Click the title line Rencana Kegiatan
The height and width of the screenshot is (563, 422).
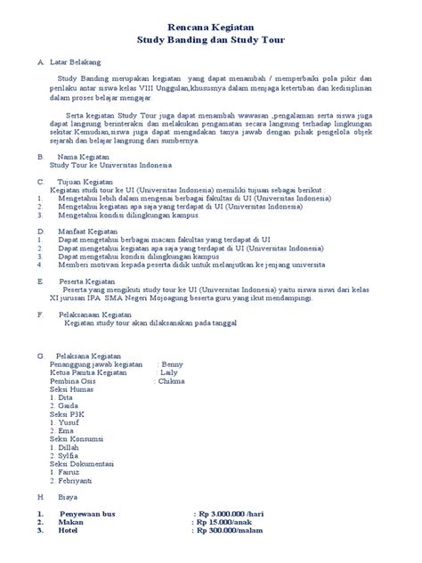[x=211, y=29]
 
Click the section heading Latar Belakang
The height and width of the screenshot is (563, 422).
[x=76, y=62]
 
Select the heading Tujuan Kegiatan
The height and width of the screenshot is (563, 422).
[x=85, y=181]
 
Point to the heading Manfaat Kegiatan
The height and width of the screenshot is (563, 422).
[x=87, y=231]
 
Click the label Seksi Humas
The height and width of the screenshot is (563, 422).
[x=71, y=390]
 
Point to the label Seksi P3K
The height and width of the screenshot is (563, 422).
[x=68, y=415]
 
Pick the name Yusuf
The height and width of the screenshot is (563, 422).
[x=72, y=423]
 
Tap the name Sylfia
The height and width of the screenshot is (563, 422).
[x=73, y=456]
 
